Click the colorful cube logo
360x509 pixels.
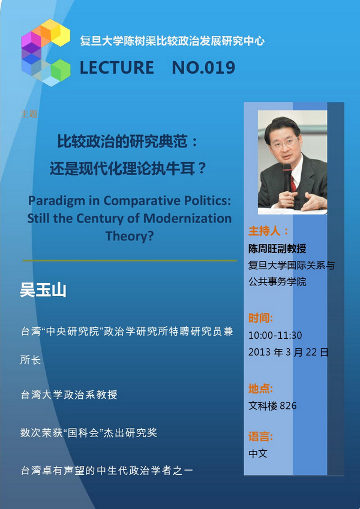tap(46, 53)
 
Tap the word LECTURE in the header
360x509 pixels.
tap(117, 68)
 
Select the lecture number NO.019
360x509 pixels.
tap(203, 68)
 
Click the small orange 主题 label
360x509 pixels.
tap(29, 114)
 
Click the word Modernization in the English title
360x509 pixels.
tap(187, 218)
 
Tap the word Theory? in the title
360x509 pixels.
tap(130, 236)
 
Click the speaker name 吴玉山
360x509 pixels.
tap(43, 290)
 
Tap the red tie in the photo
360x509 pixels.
tap(293, 183)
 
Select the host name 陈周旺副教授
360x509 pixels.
tap(277, 249)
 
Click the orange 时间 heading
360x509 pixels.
tap(260, 318)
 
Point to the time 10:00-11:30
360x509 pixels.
tap(275, 335)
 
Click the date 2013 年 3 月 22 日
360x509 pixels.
tap(288, 352)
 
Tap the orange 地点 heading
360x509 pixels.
tap(260, 388)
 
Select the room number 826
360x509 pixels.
tap(288, 406)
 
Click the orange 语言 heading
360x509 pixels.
tap(260, 436)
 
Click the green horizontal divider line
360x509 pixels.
tap(130, 260)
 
